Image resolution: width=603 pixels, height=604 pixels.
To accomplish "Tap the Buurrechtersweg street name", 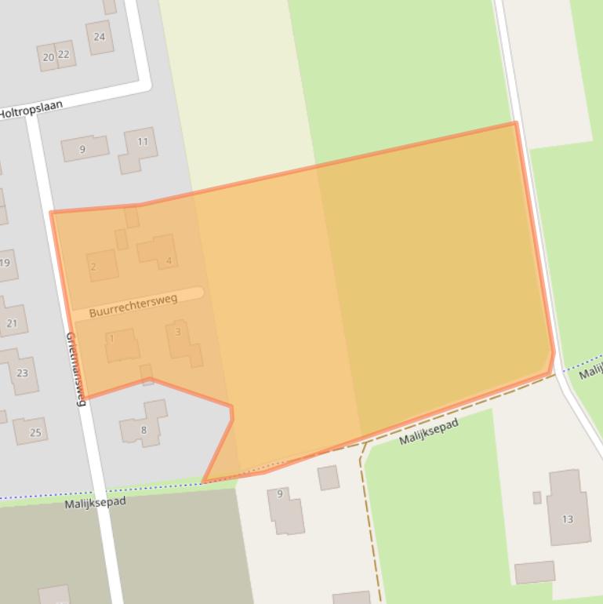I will click(x=133, y=306).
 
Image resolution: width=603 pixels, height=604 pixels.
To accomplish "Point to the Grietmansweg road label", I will click(x=74, y=369).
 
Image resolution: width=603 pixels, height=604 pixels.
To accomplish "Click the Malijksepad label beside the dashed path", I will click(x=428, y=431).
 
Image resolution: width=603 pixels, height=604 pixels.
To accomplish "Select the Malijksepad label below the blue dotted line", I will click(x=95, y=502).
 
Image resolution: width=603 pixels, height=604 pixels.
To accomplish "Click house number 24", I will click(x=100, y=37).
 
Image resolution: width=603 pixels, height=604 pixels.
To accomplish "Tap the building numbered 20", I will click(x=48, y=56).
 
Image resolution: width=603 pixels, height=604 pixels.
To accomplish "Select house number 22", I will click(x=64, y=54).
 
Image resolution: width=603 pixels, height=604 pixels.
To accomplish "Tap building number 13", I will click(x=568, y=518).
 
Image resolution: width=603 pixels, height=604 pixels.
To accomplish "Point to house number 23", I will click(x=22, y=373).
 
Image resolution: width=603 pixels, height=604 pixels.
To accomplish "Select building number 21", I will click(x=12, y=322).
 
